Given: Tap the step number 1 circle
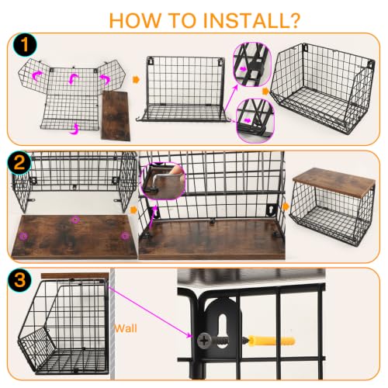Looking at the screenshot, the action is [x=25, y=45].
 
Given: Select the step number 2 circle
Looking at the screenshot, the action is [x=19, y=164].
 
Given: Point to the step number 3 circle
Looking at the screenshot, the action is [x=19, y=280].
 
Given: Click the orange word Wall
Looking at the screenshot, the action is [x=126, y=328].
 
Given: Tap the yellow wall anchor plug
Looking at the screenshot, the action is [x=272, y=341].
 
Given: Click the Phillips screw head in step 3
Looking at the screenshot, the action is [x=204, y=341].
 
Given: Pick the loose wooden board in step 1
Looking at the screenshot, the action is [x=116, y=116].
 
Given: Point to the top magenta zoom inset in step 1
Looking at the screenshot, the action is [x=252, y=64].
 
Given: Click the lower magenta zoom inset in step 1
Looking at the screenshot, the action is [x=255, y=120].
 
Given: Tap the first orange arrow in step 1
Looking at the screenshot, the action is [x=136, y=79].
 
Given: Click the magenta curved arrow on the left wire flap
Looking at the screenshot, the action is [x=36, y=76].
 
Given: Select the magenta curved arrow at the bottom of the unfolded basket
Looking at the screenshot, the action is [x=74, y=129].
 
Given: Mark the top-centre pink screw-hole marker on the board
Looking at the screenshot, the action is [x=75, y=220].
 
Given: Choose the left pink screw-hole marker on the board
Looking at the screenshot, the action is [x=24, y=236].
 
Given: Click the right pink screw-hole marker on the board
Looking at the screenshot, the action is [x=125, y=236].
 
